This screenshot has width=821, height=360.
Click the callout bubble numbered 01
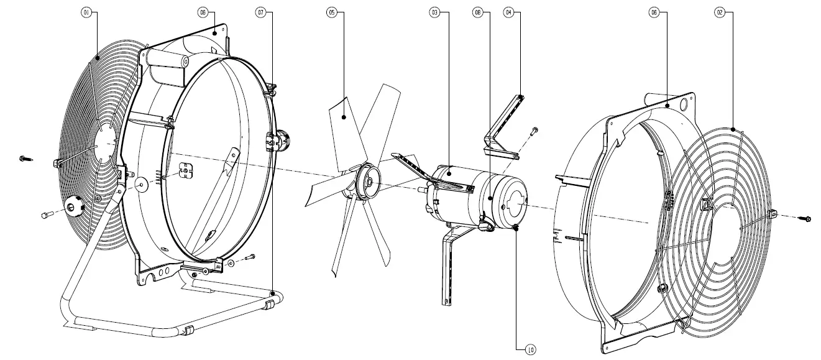tap(86, 12)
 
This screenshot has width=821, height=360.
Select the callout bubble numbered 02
tap(719, 12)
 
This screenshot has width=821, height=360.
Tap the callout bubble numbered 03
tap(434, 12)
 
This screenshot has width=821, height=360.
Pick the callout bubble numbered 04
tap(509, 12)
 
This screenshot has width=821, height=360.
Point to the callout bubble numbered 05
tap(331, 12)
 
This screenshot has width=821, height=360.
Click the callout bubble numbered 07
tap(260, 12)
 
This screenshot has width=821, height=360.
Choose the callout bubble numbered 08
tap(477, 12)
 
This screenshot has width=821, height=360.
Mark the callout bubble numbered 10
tap(530, 350)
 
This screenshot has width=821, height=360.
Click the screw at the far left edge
tap(24, 159)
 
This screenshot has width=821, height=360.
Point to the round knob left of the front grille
tap(74, 206)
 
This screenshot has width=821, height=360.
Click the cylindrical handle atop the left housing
tap(167, 61)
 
